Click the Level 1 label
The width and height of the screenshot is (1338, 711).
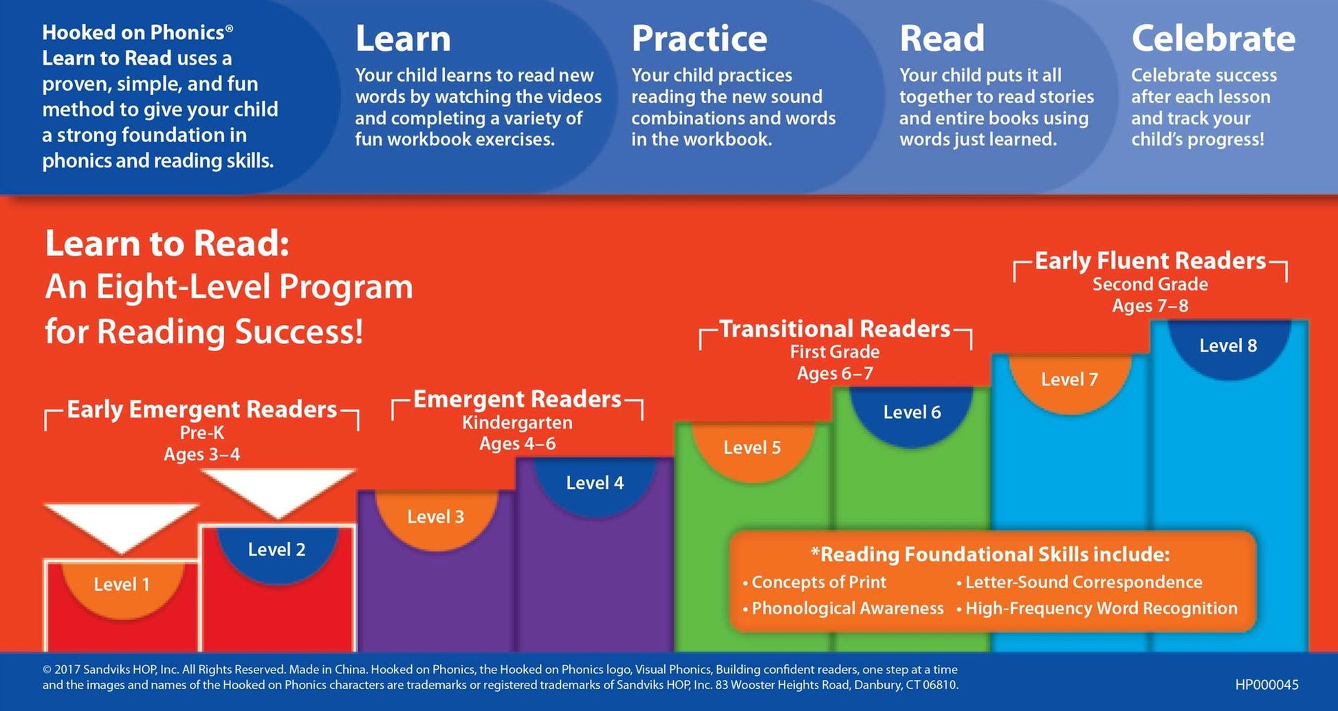122,585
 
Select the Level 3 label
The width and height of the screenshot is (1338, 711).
436,517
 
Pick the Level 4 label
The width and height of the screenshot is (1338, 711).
595,483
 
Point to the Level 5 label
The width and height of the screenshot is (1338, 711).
752,448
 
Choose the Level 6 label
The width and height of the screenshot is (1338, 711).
912,412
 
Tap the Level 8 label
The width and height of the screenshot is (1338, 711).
1228,346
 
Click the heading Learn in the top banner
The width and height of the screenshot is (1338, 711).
403,38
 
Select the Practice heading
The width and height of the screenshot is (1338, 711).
699,38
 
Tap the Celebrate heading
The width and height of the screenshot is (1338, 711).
1214,38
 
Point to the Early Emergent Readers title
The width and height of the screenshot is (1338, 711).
202,409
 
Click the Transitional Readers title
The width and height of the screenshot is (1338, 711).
835,329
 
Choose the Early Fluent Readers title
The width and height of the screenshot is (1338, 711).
1150,261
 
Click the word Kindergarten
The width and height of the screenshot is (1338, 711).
517,422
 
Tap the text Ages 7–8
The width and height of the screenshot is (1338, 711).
1150,306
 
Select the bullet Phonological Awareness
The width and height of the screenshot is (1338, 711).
843,608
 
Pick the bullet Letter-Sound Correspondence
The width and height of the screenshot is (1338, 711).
1079,583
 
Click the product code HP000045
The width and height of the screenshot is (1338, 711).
1267,685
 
